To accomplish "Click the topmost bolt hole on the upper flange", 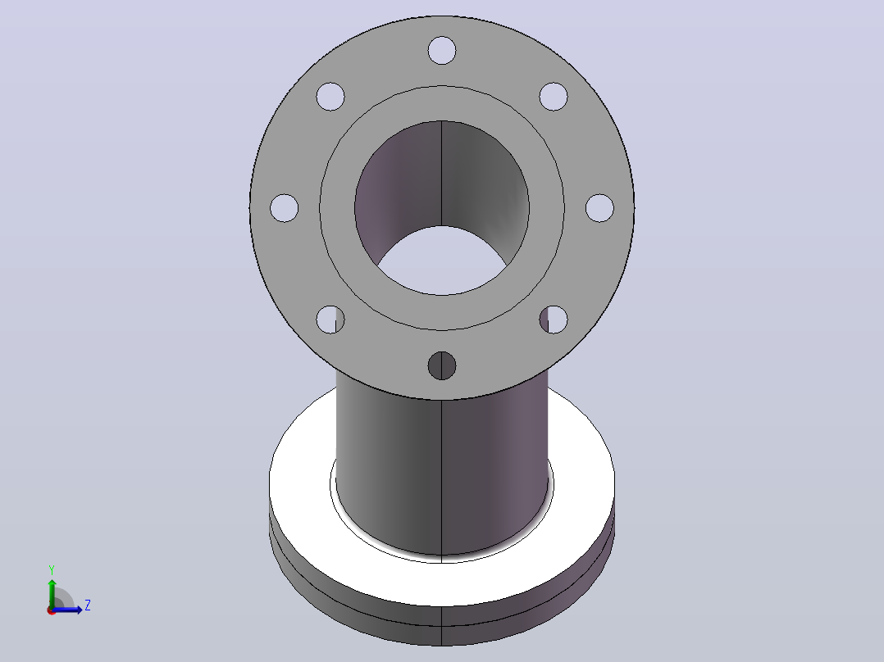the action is tap(442, 51).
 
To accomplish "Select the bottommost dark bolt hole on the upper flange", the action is tap(442, 365).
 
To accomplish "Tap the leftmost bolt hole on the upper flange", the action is tap(284, 208).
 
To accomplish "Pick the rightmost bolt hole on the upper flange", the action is tap(600, 208).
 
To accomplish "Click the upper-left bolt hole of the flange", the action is tap(330, 97).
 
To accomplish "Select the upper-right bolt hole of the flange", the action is tap(554, 97).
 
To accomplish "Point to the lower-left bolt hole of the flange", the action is tap(330, 320).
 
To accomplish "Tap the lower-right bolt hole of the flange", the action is tap(554, 320).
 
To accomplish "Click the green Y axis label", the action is tap(52, 570).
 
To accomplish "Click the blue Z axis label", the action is tap(88, 605).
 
